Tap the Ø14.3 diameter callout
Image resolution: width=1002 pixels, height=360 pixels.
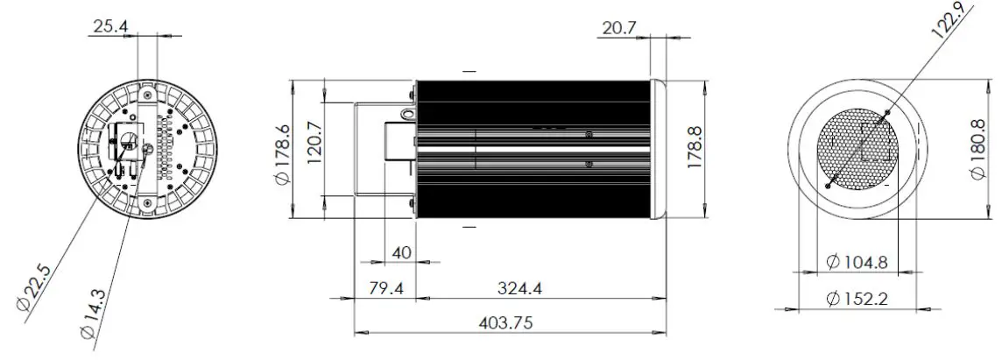click(x=94, y=314)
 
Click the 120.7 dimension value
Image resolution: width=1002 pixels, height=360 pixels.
click(x=315, y=144)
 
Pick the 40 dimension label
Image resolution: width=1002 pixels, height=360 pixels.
click(x=401, y=252)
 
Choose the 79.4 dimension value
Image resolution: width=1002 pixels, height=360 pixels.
click(x=386, y=288)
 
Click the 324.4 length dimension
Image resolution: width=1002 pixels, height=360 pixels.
click(x=519, y=288)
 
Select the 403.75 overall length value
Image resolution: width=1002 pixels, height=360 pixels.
click(x=505, y=322)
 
